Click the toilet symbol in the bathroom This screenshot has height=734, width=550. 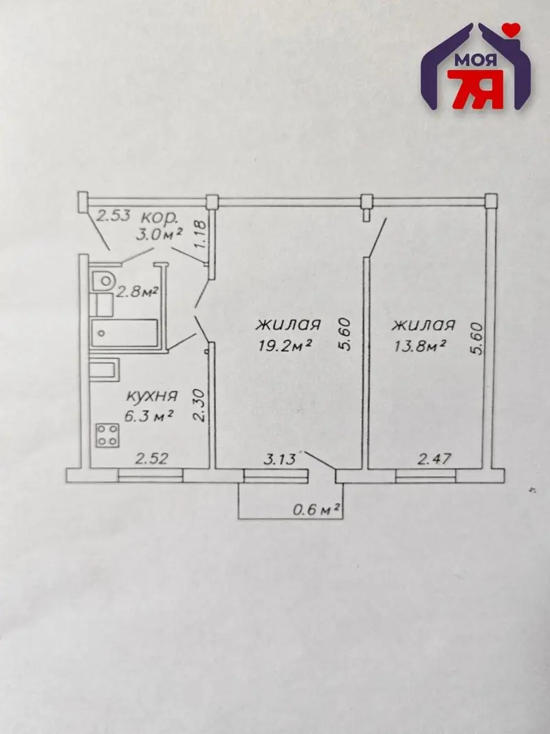pos(103,281)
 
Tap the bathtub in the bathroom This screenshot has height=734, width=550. pos(125,333)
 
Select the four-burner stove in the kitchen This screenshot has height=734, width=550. pos(107,435)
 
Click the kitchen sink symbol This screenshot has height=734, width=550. pos(104,370)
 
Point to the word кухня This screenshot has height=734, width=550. pos(152,396)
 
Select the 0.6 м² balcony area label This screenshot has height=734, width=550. pos(316,509)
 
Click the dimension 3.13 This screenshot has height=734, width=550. pos(280,459)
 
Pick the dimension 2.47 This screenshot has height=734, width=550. pos(434,458)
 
